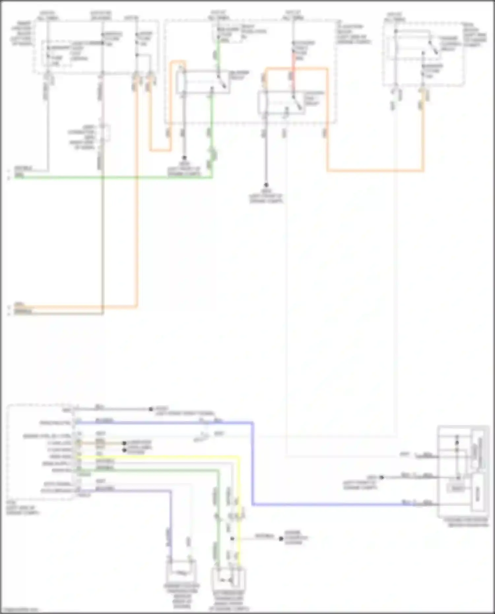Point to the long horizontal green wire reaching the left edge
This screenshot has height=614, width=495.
pos(112,178)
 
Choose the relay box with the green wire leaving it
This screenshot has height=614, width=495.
pos(203,81)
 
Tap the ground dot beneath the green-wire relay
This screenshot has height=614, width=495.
pos(184,158)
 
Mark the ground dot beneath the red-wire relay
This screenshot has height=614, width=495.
pos(266,185)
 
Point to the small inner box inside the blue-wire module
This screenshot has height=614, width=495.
pos(457,488)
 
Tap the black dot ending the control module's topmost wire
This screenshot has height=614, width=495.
pos(151,409)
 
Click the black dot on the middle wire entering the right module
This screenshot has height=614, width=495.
pos(382,477)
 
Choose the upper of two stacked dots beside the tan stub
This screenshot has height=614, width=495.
pos(125,443)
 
